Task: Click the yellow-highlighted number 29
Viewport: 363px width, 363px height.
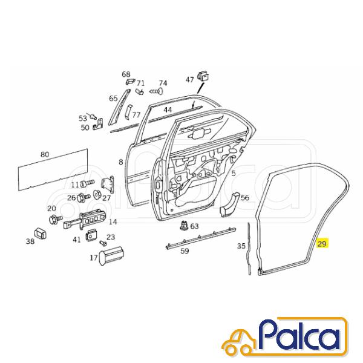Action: tap(322, 244)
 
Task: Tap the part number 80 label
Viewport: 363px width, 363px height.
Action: tap(45, 154)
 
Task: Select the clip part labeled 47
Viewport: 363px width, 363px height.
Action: tap(203, 76)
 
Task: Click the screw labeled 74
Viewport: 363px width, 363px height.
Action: tap(156, 91)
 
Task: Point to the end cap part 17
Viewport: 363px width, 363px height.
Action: tap(111, 255)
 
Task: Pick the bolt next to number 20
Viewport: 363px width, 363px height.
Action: tap(56, 219)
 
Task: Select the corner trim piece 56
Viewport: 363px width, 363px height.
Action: tap(229, 204)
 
